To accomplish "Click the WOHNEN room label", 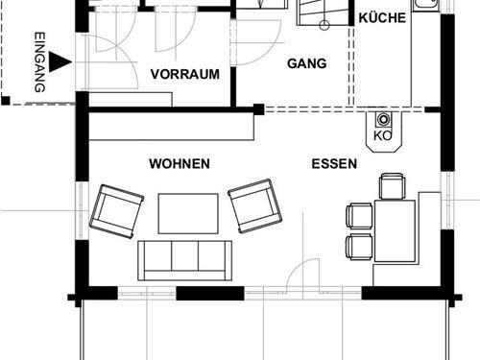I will tap(180, 164).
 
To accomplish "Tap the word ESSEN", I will tap(334, 164).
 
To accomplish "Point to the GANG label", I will tap(307, 64).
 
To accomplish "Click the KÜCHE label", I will tap(382, 18).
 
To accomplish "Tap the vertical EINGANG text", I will tap(39, 61).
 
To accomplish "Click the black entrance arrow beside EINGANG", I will tap(60, 62).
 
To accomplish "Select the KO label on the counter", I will tap(381, 135).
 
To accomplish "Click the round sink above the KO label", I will tap(383, 120).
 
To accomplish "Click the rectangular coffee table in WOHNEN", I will tap(187, 213).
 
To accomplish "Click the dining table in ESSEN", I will tap(395, 229).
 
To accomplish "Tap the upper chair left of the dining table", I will tap(359, 217).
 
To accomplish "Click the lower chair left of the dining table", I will tap(358, 245).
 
